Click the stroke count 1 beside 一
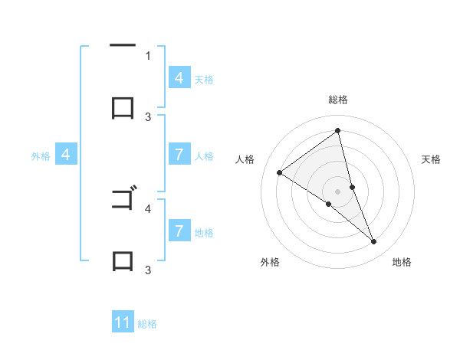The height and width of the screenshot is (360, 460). coord(148,55)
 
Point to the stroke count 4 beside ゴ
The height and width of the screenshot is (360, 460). coord(148,208)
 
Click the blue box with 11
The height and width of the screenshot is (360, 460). coord(123,322)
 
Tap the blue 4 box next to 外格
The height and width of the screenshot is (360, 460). coord(66,155)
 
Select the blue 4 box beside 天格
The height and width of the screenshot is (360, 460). coord(179,78)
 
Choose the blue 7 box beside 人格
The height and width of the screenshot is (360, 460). coord(179,155)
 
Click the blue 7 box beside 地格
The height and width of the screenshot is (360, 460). coord(179,231)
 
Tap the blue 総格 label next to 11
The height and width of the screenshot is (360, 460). coord(147,324)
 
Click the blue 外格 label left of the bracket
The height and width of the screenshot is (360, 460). coord(41,156)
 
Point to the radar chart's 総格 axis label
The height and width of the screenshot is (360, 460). coord(338,100)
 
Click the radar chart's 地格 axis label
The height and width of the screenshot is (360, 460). coord(402,262)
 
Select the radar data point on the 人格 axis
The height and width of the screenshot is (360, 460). coord(280,173)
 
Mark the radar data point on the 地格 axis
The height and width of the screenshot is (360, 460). coord(374,242)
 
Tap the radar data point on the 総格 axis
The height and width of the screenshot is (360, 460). coord(338,130)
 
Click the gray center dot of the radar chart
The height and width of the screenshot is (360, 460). coord(338,191)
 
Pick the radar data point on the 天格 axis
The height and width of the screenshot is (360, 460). coord(353,186)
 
